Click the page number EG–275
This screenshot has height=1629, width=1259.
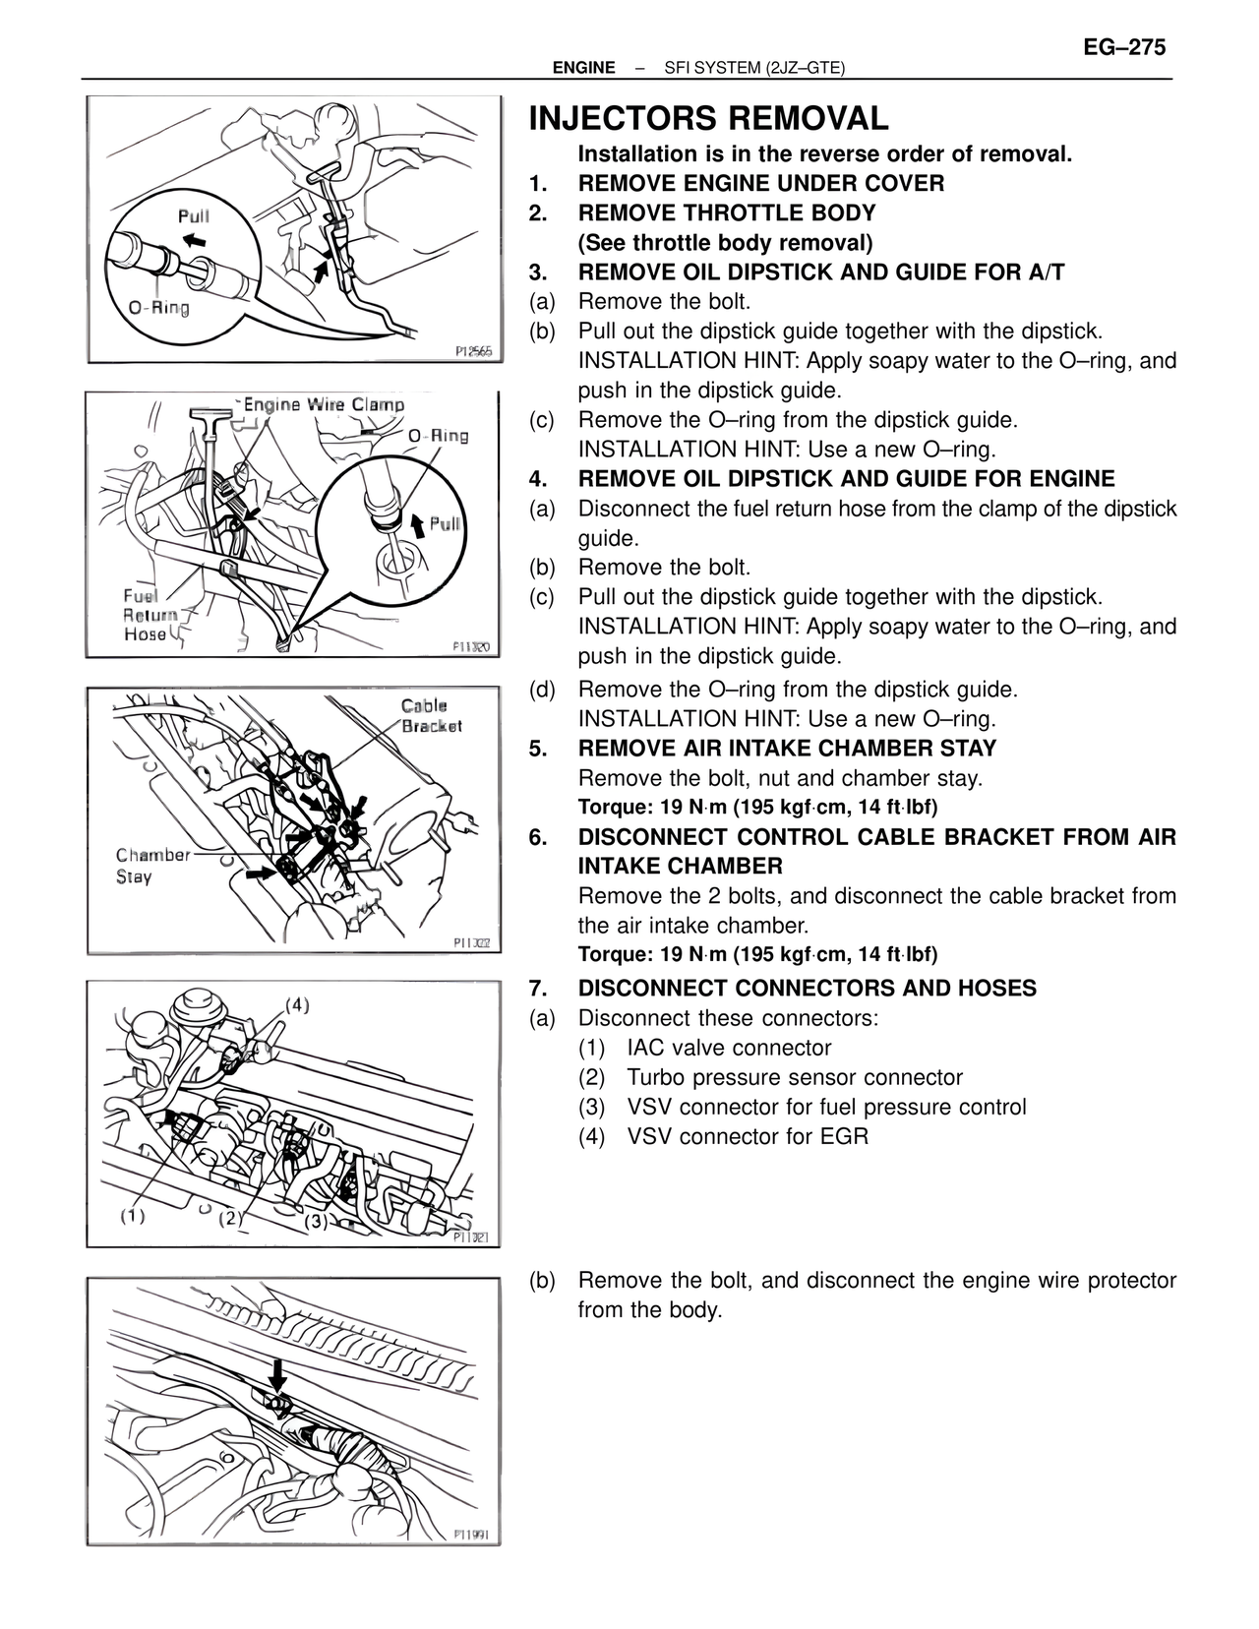coord(1124,46)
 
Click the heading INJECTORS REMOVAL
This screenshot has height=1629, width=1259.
coord(708,119)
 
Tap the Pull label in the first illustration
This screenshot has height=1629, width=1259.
coord(193,215)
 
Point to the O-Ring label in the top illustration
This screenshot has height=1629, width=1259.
coord(158,308)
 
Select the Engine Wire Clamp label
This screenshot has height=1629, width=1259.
coord(324,404)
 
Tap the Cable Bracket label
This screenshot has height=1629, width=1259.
coord(430,715)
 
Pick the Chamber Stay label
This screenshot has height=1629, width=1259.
coord(152,865)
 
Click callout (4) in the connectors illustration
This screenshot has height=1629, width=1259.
coord(297,1005)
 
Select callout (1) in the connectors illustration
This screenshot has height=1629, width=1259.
coord(133,1216)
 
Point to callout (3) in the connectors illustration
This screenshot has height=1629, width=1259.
coord(315,1221)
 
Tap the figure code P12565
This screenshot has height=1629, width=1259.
coord(473,351)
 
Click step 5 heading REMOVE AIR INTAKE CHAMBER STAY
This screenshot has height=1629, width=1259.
coord(787,749)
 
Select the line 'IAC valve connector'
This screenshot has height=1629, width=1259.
coord(729,1049)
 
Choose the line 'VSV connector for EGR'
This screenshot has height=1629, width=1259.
coord(748,1137)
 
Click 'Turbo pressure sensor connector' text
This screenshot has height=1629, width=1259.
coord(795,1078)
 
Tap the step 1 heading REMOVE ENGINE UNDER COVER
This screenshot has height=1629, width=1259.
coord(760,184)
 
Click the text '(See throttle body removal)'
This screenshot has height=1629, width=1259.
coord(725,243)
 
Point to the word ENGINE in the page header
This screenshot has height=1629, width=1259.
coord(583,68)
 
